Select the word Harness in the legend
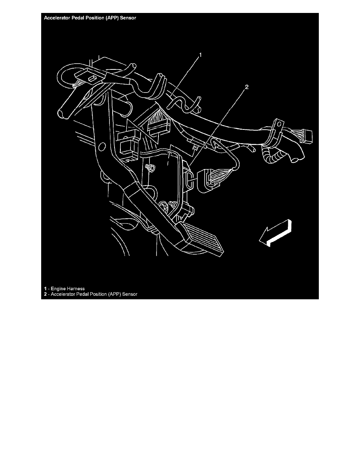pos(76,289)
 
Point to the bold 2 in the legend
pos(45,294)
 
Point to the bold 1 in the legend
pos(45,289)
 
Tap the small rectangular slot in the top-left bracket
pos(91,78)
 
